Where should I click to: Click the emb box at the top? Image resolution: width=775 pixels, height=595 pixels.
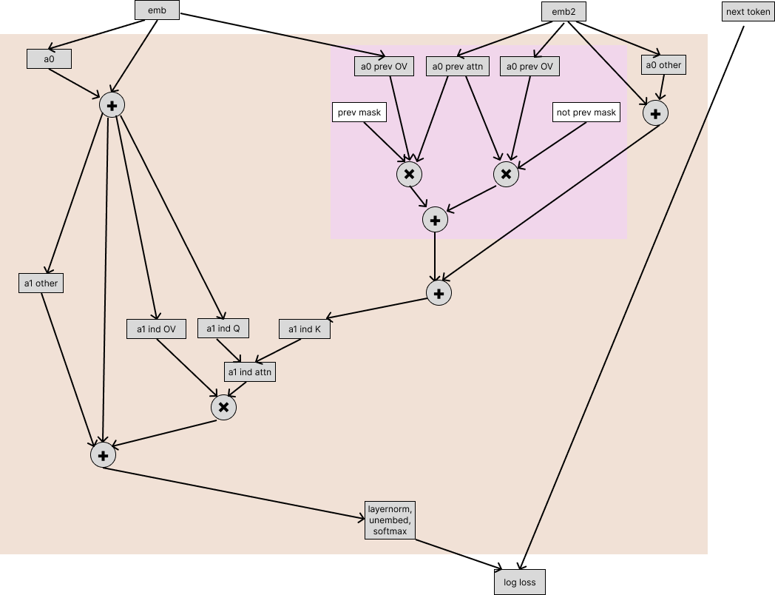coord(157,10)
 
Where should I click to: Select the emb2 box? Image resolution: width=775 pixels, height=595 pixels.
coord(564,12)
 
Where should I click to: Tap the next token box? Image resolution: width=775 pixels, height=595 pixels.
coord(748,12)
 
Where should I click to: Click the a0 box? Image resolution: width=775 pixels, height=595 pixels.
coord(49,59)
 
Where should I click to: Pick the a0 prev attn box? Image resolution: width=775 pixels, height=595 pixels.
coord(457,67)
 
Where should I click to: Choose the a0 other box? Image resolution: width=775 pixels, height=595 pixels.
coord(663,65)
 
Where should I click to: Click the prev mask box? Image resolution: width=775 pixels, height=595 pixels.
coord(359,112)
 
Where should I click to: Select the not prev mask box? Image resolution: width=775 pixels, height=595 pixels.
coord(586,112)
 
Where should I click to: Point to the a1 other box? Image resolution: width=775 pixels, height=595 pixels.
coord(41,283)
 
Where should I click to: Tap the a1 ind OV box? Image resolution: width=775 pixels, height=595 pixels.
coord(156,329)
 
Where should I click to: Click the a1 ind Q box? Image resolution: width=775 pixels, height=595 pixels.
coord(223,328)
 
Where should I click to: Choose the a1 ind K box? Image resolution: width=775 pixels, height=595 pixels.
coord(305,329)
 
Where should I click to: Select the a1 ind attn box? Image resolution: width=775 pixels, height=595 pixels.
coord(250,372)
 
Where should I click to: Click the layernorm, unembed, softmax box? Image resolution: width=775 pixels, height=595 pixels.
coord(390,520)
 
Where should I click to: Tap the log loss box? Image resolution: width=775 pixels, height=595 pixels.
coord(519,582)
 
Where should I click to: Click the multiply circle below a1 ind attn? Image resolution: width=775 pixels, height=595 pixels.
coord(223,407)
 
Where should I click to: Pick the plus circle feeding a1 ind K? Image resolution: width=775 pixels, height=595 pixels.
coord(439,293)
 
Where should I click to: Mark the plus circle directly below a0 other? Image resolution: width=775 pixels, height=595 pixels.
coord(655,113)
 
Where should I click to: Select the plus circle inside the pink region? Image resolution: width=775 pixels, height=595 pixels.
coord(435,220)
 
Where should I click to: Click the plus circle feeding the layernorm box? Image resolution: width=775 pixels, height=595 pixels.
coord(103,455)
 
